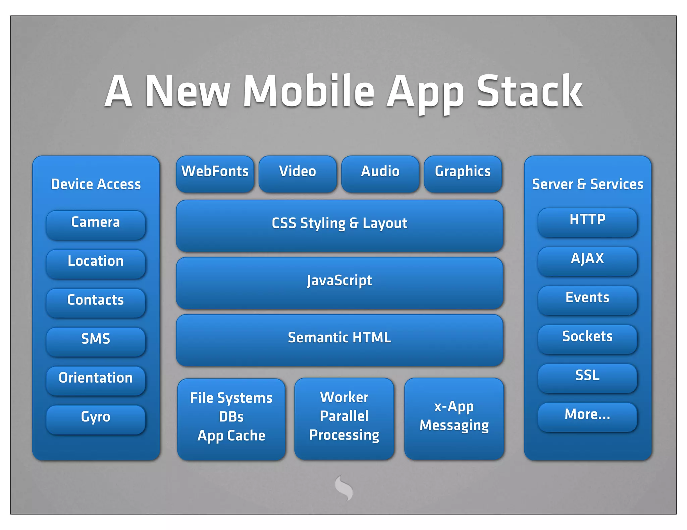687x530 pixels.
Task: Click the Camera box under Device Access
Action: coord(96,224)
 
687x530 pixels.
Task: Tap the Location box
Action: coord(96,263)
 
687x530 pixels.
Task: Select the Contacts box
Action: coord(96,302)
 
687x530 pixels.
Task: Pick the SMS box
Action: coord(96,341)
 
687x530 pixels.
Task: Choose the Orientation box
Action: coord(96,380)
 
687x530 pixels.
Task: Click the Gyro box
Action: coord(96,419)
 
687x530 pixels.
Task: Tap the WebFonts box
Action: coord(215,174)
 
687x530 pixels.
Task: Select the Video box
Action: coord(298,174)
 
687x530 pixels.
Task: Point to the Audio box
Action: coord(380,174)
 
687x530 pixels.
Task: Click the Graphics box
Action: coord(463,174)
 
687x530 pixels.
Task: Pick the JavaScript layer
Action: coord(339,282)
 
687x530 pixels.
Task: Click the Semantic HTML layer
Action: coord(339,339)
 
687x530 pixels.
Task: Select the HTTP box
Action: coord(587,222)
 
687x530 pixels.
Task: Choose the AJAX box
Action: coord(587,261)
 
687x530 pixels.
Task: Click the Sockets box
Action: coord(587,339)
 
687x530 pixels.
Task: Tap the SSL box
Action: coord(587,378)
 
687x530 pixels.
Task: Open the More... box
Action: coord(587,416)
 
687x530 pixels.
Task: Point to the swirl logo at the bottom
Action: coord(344,487)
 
